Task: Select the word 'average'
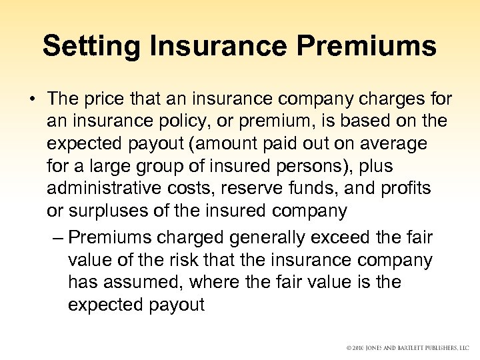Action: point(393,145)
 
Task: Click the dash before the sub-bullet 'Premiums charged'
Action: point(57,238)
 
